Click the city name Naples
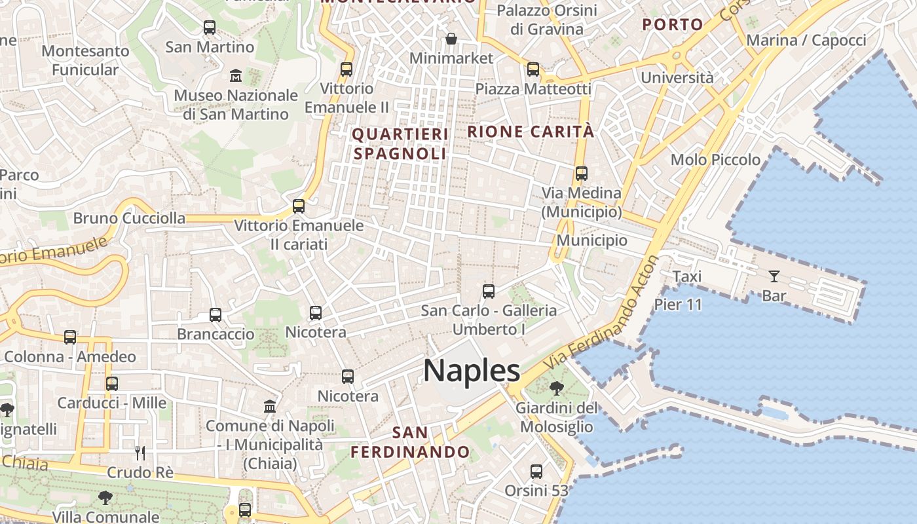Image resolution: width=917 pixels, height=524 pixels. (472, 371)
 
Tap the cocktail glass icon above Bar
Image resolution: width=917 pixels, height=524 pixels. (774, 276)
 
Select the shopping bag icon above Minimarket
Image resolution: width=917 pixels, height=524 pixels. (451, 39)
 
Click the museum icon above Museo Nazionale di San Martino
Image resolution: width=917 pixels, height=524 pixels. (236, 76)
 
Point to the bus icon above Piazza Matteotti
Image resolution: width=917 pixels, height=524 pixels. (533, 69)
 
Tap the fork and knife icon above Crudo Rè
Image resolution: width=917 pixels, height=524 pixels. (140, 453)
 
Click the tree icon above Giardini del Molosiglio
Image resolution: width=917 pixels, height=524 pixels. (556, 388)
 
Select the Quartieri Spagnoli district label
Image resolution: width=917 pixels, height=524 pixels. (400, 144)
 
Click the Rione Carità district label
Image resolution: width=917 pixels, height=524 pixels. (531, 132)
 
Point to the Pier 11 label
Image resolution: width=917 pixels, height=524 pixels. (678, 305)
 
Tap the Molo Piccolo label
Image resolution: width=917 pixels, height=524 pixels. (715, 160)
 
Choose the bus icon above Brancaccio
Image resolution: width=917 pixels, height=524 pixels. (215, 314)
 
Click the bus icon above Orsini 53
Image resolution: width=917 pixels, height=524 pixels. (536, 471)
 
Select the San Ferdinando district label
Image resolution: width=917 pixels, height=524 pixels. (410, 442)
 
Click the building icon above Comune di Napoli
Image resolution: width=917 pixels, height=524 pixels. (270, 406)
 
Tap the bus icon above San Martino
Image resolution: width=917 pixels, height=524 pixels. (210, 28)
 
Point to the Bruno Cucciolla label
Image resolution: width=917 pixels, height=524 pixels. (129, 218)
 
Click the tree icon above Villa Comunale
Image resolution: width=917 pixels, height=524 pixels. (105, 498)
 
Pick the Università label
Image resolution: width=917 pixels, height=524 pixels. (677, 78)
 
